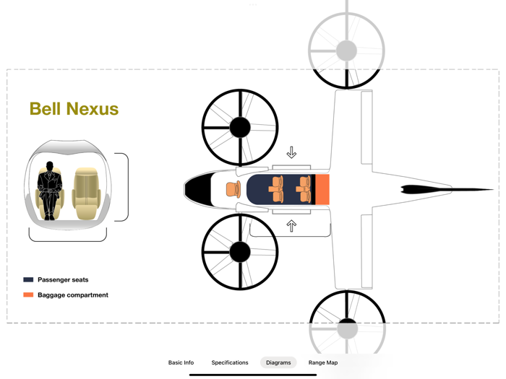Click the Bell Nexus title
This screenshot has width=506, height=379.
(74, 109)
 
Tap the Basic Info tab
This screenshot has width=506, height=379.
(181, 362)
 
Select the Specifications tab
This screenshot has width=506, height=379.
(230, 362)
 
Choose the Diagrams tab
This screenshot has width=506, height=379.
(278, 362)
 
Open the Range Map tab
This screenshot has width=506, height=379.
(323, 362)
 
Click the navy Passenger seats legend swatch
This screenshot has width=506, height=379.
(28, 279)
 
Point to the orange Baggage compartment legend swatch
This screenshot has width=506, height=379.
(28, 295)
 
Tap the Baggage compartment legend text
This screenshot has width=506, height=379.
(73, 295)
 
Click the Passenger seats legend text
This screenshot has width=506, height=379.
(63, 279)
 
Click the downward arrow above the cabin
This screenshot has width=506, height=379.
(291, 152)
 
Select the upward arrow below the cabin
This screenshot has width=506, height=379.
(291, 226)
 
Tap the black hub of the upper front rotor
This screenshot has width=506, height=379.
(240, 128)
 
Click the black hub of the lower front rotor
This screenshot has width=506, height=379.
(240, 252)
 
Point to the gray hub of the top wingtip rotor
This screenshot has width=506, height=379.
(347, 51)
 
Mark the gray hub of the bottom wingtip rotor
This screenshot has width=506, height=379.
(348, 328)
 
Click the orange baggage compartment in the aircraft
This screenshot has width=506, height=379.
(322, 189)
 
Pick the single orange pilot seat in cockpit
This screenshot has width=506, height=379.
(233, 189)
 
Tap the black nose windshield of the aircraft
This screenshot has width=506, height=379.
(197, 189)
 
